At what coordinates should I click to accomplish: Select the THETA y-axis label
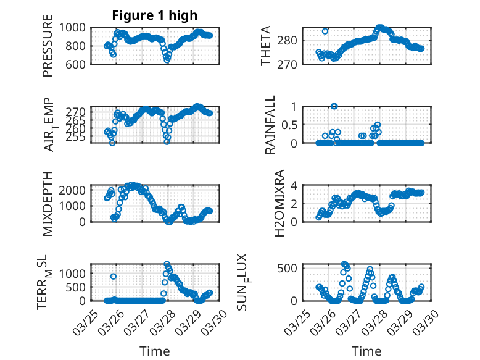pos(266,46)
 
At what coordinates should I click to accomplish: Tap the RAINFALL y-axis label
pos(270,124)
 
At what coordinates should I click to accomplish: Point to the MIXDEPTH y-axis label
pos(48,203)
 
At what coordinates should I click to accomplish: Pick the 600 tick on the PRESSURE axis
pos(79,64)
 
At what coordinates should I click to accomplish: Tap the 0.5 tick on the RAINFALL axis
pos(291,124)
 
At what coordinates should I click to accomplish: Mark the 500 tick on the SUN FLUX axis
pos(291,267)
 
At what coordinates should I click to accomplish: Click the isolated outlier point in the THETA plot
pos(325,31)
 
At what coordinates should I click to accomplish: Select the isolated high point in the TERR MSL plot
pos(114,276)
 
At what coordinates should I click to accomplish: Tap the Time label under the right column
pos(366,351)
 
